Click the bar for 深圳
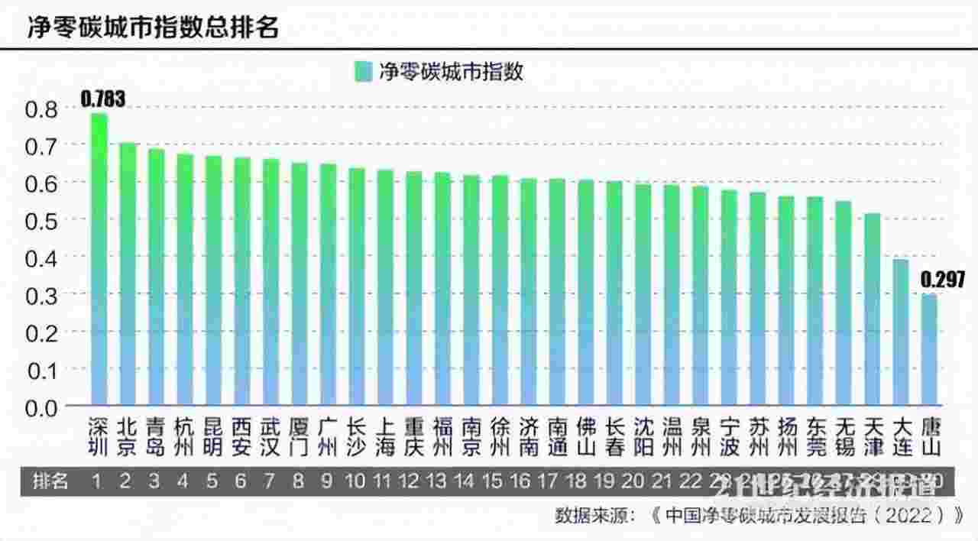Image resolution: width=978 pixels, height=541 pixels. [99, 260]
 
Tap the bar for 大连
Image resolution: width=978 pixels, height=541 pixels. [901, 332]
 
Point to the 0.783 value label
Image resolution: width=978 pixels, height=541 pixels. [102, 98]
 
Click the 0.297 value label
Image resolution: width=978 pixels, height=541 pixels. [942, 279]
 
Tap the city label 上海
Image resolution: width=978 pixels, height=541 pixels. [385, 436]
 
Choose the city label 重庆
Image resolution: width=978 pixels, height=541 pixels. [413, 436]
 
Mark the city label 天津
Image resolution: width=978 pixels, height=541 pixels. [872, 436]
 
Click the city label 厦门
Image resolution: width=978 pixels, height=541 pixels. [300, 436]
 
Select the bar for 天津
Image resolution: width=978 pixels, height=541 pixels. [872, 309]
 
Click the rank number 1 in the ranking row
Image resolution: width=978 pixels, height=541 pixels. [97, 481]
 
